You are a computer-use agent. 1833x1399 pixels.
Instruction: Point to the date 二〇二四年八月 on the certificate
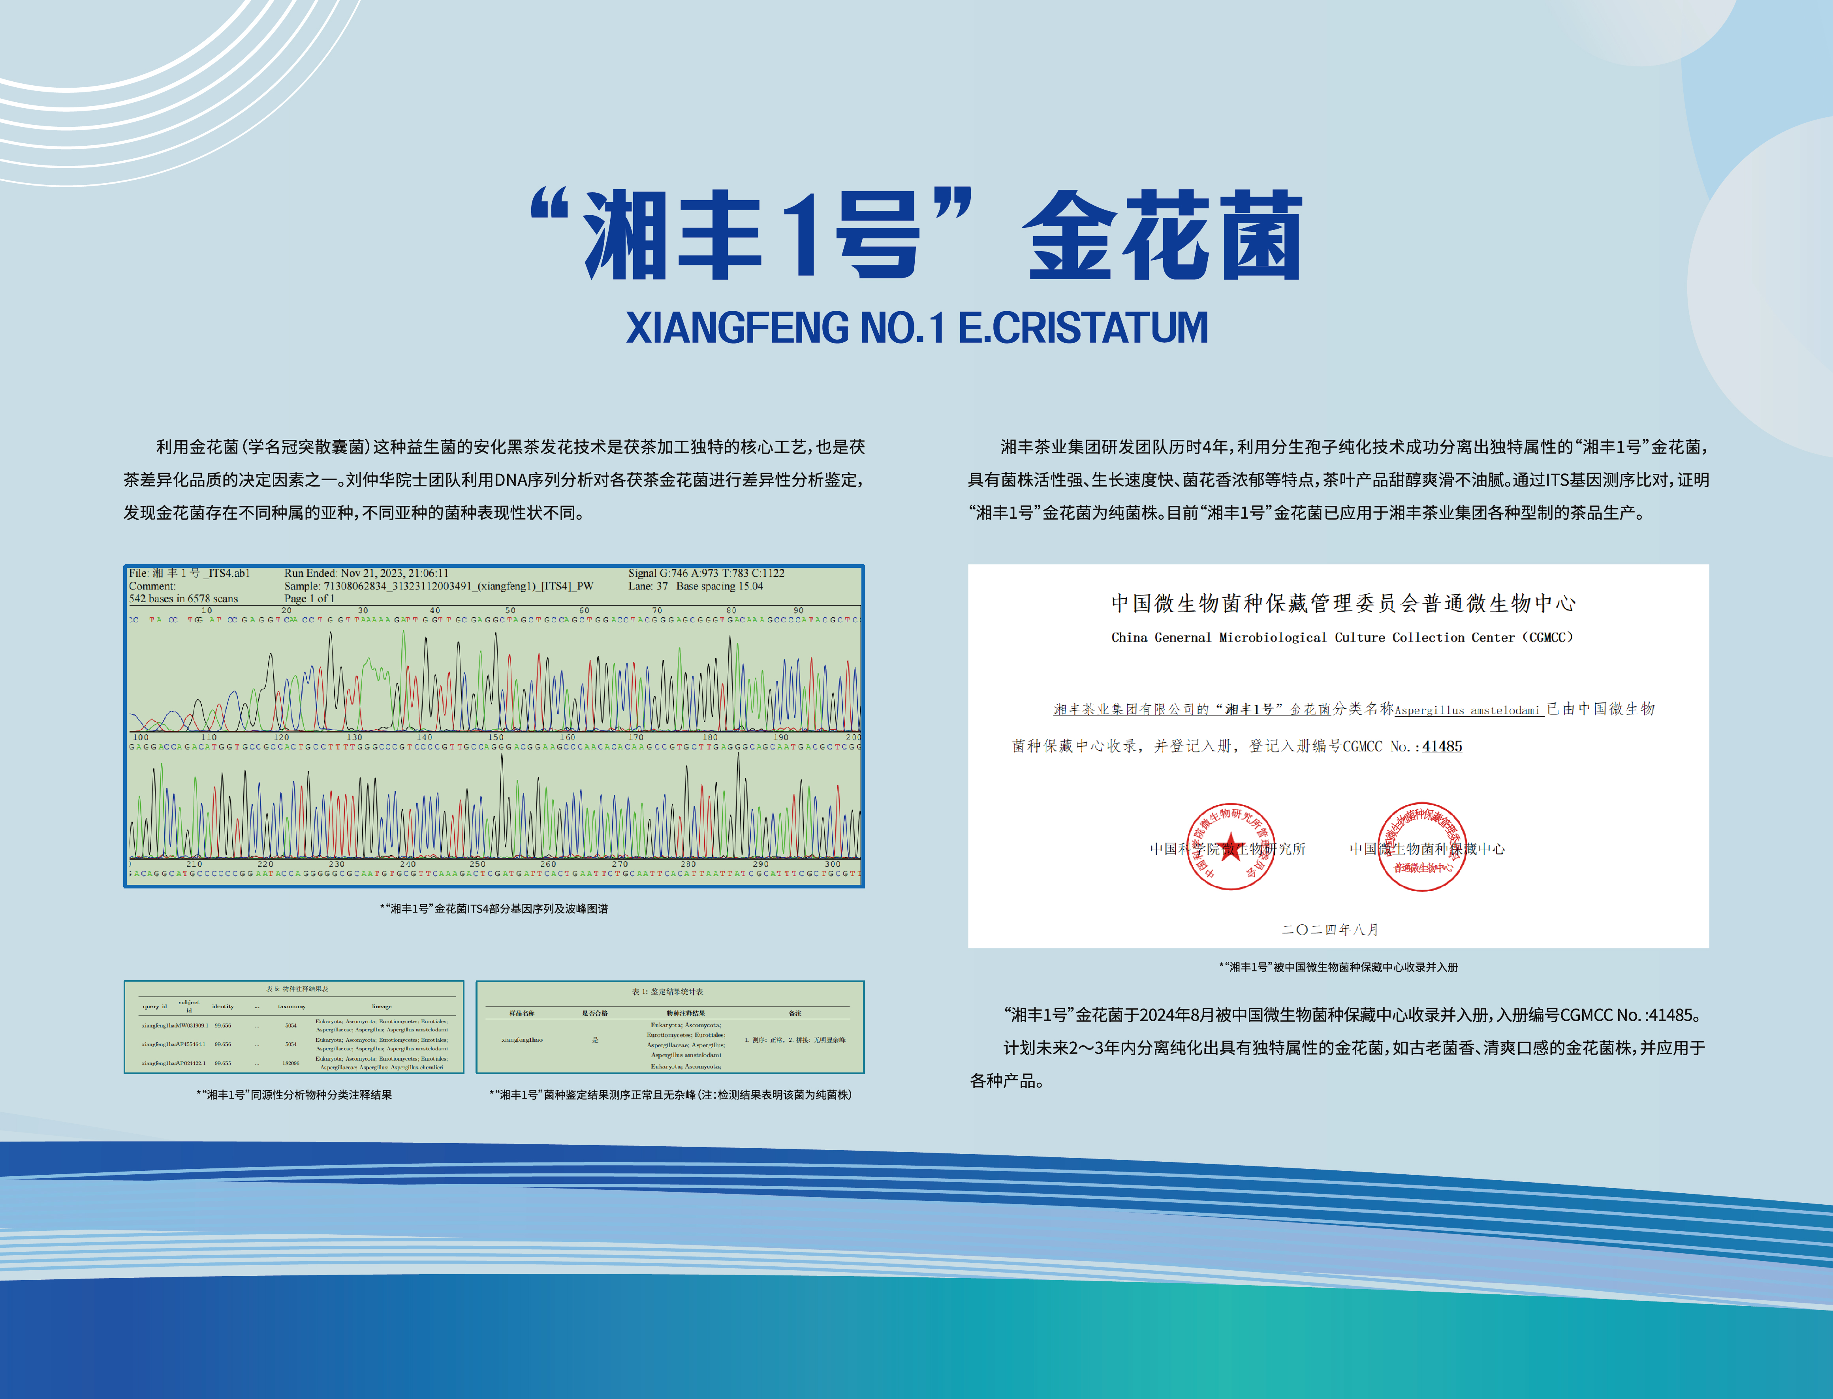[x=1330, y=930]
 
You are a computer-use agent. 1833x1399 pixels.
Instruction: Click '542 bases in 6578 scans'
[x=183, y=599]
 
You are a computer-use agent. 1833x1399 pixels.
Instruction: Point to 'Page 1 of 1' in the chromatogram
[x=309, y=599]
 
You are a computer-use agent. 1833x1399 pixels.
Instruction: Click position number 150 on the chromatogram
[x=496, y=737]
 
